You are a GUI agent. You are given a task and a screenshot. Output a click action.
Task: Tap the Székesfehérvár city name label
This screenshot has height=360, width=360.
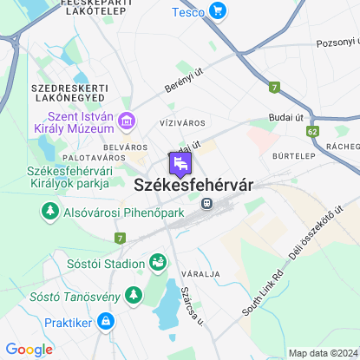(x=193, y=184)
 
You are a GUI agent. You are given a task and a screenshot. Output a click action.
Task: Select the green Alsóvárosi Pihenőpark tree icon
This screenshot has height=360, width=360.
(x=50, y=212)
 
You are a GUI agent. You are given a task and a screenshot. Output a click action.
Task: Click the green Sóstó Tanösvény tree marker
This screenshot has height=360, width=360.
(x=134, y=297)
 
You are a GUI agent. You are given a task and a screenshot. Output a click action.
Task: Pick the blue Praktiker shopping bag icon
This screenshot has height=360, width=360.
(x=105, y=322)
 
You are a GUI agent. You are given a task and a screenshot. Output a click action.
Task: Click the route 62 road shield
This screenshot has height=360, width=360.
(x=312, y=130)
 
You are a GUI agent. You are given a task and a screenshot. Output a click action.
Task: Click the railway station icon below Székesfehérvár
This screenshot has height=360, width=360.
(x=206, y=203)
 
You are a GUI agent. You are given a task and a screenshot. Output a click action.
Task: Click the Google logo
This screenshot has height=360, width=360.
(x=29, y=350)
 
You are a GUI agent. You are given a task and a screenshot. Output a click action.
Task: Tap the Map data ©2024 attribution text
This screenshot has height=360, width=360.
(x=322, y=353)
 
